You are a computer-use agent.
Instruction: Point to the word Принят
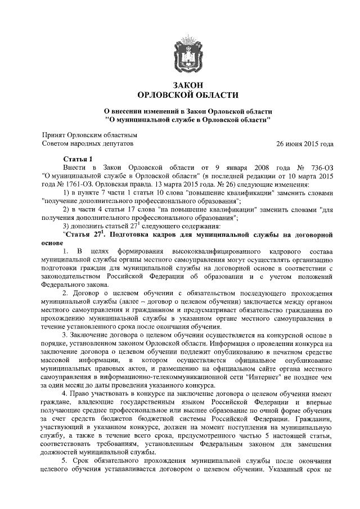click(x=55, y=135)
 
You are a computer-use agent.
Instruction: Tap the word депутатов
click(x=115, y=143)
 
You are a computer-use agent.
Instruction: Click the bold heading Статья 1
click(x=78, y=159)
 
